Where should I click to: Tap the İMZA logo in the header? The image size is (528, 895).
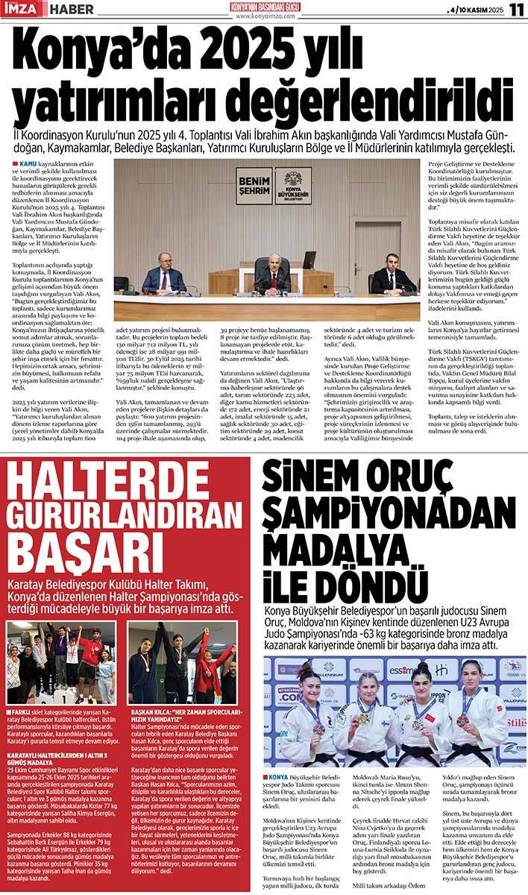pyautogui.click(x=22, y=10)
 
